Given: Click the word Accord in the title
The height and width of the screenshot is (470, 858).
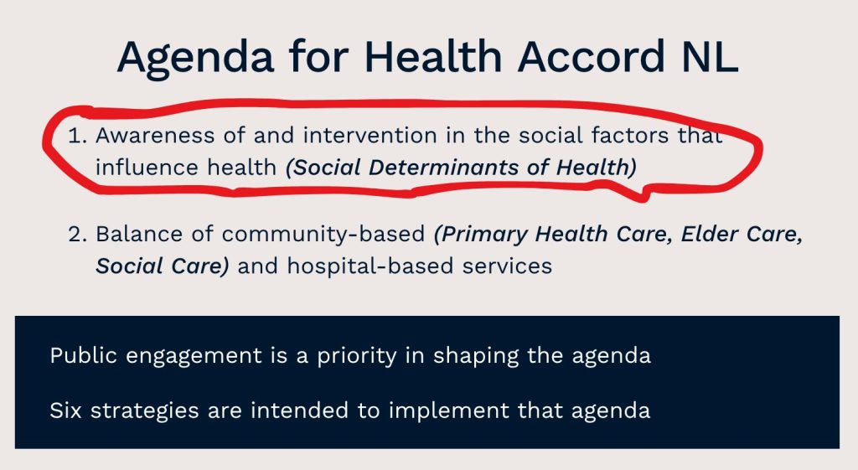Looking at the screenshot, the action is [592, 56].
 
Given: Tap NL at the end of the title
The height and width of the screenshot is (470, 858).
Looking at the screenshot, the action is [711, 56].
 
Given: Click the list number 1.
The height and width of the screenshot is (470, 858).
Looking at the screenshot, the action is [77, 135].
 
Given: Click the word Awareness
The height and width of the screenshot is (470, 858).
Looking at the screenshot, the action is [155, 135].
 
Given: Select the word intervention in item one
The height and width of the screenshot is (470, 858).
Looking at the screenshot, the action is [370, 135].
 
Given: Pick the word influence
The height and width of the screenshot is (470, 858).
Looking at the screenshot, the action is [140, 167].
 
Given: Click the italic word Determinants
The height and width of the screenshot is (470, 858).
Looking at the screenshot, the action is [443, 167].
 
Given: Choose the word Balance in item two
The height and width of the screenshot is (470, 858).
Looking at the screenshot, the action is [139, 234].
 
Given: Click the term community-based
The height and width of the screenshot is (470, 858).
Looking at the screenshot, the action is [323, 235].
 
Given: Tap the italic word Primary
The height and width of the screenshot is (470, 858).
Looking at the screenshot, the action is [481, 235].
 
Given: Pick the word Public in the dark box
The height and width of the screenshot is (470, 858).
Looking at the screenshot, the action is [83, 355].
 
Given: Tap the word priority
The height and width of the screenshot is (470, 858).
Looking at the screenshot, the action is [357, 357].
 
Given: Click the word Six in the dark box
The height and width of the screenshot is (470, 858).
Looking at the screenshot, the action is [65, 411].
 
